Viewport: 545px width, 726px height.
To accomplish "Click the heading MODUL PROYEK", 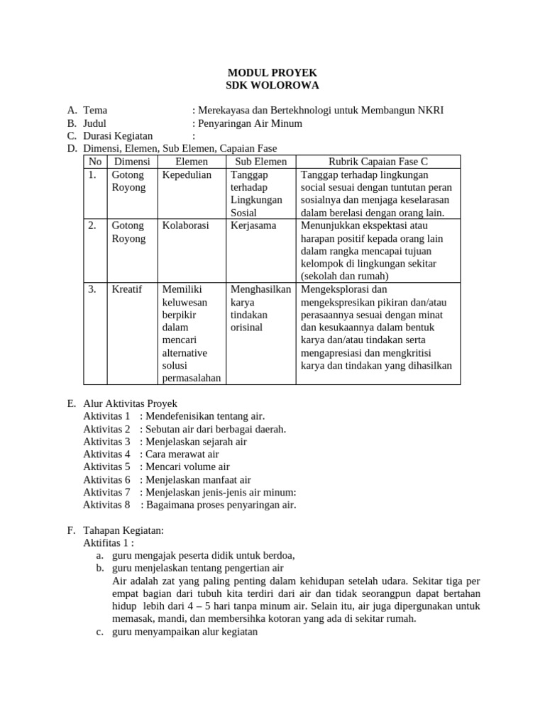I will pyautogui.click(x=272, y=73).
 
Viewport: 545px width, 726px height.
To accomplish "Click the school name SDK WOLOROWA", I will pyautogui.click(x=272, y=86).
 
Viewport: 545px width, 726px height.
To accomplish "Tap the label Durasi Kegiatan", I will pyautogui.click(x=118, y=136).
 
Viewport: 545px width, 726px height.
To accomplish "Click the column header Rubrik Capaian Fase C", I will pyautogui.click(x=378, y=162).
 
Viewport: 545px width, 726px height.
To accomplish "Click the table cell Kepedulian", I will pyautogui.click(x=187, y=174).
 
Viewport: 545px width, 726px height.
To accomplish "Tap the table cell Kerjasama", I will pyautogui.click(x=253, y=225).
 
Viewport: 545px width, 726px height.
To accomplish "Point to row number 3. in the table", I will pyautogui.click(x=93, y=289).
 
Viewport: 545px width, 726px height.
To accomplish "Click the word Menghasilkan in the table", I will pyautogui.click(x=260, y=289).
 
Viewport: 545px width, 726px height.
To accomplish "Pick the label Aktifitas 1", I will pyautogui.click(x=109, y=543).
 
